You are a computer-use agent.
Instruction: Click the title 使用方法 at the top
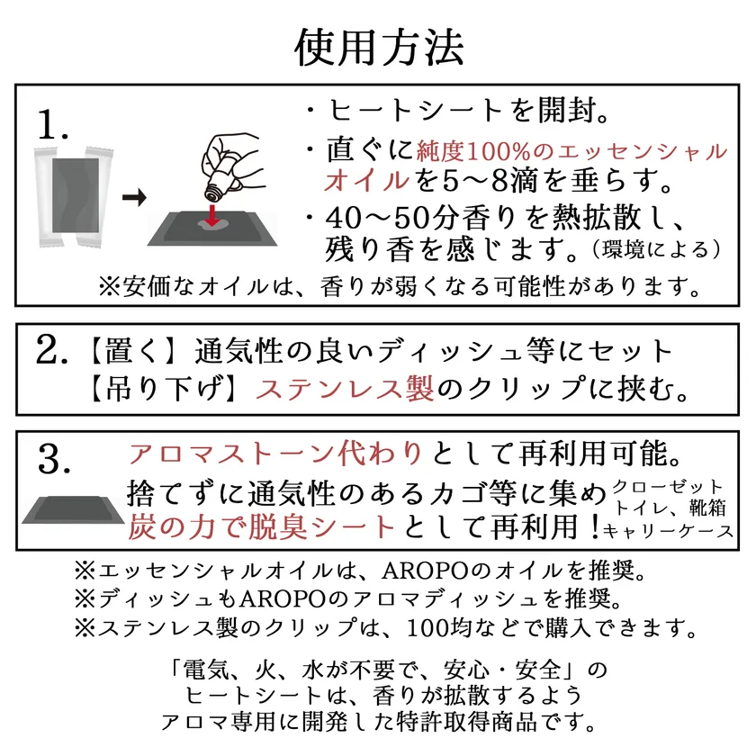[x=379, y=47]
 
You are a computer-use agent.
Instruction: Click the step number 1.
[x=52, y=124]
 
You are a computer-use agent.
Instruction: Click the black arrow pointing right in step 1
[x=134, y=197]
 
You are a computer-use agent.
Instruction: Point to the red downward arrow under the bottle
[x=211, y=215]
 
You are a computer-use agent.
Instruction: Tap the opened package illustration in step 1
[x=74, y=197]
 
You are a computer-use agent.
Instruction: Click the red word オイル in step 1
[x=367, y=181]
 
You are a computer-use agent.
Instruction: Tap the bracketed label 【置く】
[x=132, y=350]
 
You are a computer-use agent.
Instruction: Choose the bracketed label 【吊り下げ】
[x=163, y=389]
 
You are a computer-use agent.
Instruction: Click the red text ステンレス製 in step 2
[x=345, y=389]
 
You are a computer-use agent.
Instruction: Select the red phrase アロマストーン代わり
[x=275, y=454]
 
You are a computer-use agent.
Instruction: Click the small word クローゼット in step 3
[x=668, y=487]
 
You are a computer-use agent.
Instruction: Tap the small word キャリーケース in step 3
[x=668, y=531]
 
